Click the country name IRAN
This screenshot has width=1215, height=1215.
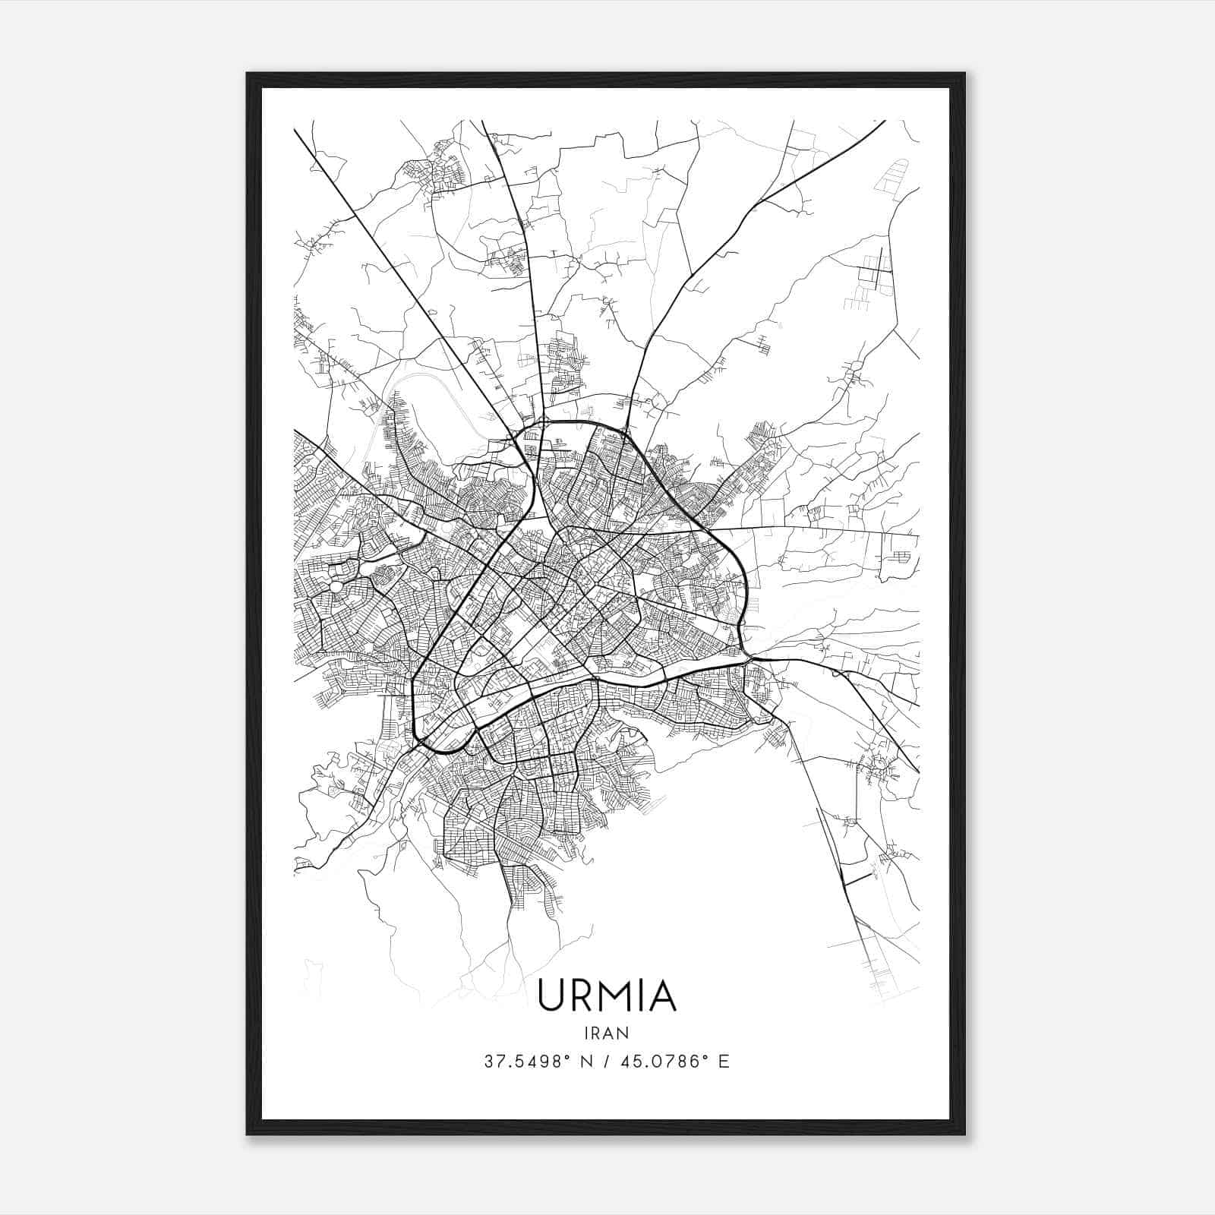pyautogui.click(x=607, y=1033)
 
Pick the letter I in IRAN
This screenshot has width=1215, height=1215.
pyautogui.click(x=588, y=1033)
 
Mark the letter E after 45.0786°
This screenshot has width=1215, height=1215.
pyautogui.click(x=724, y=1062)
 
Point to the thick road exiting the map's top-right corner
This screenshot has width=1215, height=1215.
pyautogui.click(x=873, y=129)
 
